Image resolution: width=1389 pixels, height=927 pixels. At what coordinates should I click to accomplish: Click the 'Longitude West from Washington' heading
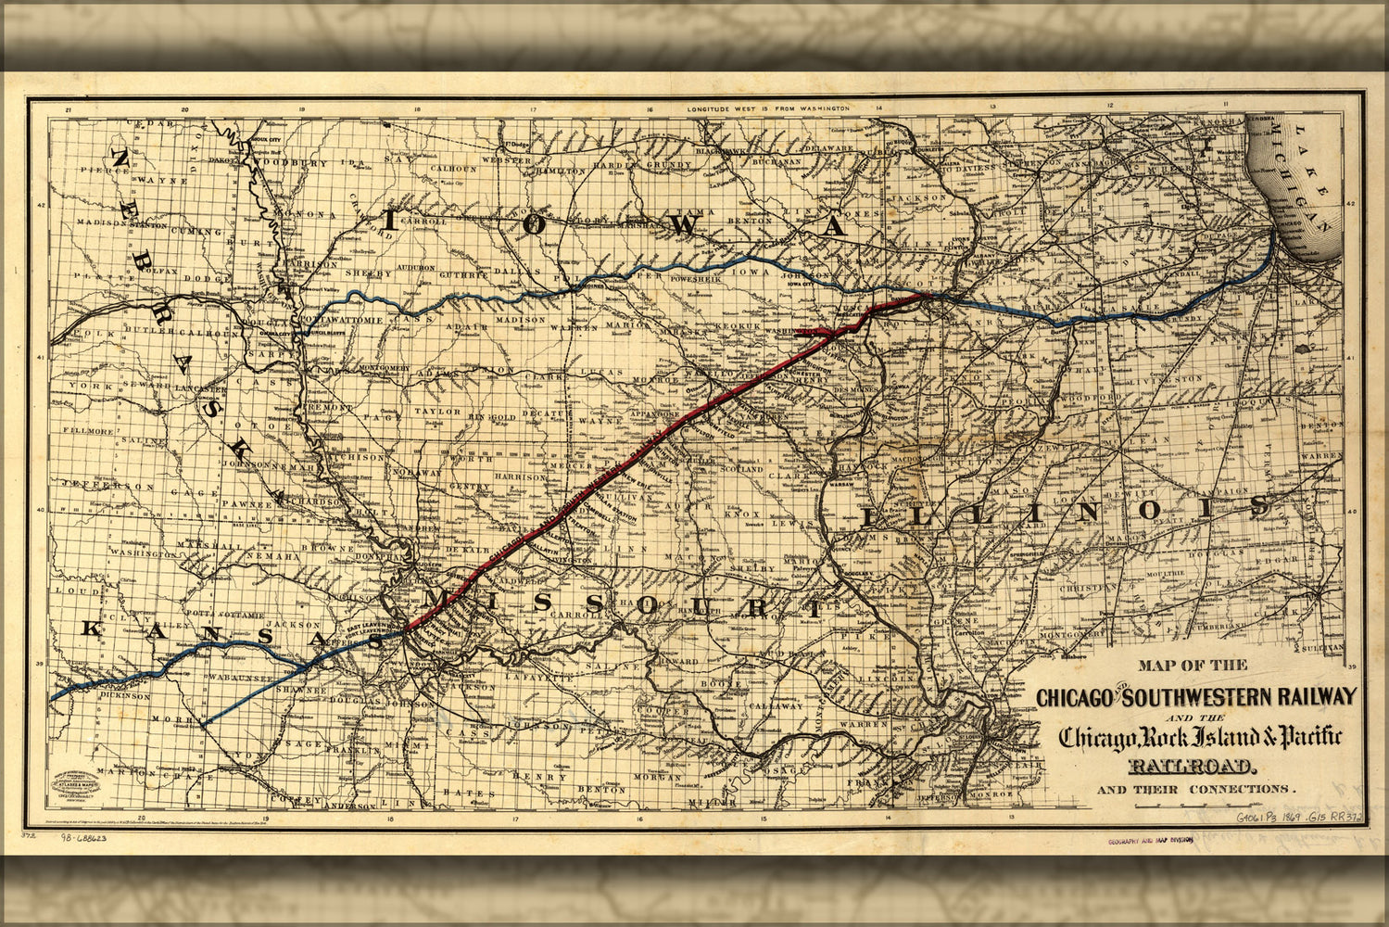pyautogui.click(x=767, y=109)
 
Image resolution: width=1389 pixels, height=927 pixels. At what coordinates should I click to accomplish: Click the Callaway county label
pyautogui.click(x=777, y=705)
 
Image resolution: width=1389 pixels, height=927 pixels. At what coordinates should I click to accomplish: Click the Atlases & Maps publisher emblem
pyautogui.click(x=82, y=784)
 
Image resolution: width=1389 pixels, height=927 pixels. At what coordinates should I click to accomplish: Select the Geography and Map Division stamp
pyautogui.click(x=1148, y=841)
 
